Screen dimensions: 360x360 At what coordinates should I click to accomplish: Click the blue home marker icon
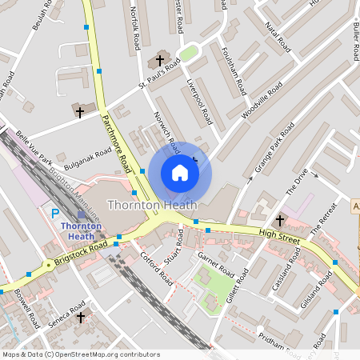coord(180,172)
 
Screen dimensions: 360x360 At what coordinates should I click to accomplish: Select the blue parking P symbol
coord(55,214)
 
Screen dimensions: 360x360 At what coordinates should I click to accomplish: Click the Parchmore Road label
coord(116,143)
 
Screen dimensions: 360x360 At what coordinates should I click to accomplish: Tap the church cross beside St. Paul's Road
coord(158,61)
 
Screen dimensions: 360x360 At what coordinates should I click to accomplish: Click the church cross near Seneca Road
coord(80,318)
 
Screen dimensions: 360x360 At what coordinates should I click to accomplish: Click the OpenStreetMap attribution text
coord(81,354)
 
